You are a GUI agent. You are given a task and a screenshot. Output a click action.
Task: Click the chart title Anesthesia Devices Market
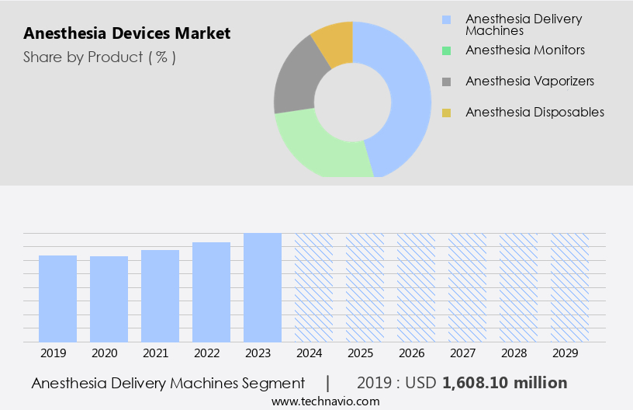[126, 33]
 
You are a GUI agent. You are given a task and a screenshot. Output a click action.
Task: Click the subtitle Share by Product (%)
[99, 57]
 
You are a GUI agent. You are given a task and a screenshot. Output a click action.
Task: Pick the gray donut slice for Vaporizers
[296, 85]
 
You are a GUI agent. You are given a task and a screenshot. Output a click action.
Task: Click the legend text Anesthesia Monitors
[524, 50]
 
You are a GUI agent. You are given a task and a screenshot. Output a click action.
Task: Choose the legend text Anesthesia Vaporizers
[529, 81]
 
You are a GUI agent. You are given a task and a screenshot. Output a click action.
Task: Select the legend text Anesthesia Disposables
[534, 112]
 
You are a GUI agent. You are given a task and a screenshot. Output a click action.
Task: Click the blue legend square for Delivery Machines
[446, 19]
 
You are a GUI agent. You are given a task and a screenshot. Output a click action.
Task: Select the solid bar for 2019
[58, 299]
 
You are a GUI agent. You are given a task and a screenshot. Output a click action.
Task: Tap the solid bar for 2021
[161, 296]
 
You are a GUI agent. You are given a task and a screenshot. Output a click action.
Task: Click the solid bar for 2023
[262, 287]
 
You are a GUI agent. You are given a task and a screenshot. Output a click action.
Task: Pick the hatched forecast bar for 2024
[313, 287]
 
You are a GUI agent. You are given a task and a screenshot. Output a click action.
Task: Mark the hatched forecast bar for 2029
[569, 287]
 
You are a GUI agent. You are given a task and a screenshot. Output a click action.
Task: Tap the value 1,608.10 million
[504, 383]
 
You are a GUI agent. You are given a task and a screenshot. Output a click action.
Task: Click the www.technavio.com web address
[325, 401]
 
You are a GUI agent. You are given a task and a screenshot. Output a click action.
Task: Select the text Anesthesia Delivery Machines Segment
[168, 383]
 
